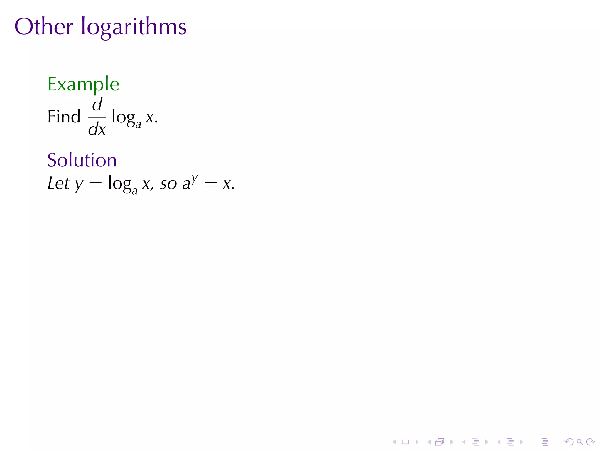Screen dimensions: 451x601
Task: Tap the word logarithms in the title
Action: pos(134,27)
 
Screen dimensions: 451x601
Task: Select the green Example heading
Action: pos(83,84)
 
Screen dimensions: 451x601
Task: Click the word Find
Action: pos(64,117)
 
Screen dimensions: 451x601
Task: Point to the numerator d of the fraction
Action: pos(97,105)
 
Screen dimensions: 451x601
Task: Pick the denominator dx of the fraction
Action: pos(97,129)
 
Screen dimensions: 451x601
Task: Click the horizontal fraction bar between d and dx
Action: pos(97,118)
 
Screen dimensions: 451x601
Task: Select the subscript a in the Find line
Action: pos(138,124)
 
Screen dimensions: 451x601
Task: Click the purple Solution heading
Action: pos(82,160)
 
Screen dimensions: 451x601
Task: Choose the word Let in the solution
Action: pos(58,184)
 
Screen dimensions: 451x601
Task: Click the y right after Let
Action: pos(79,185)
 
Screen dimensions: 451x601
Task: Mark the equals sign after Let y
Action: pos(95,184)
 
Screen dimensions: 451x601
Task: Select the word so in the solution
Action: pos(168,184)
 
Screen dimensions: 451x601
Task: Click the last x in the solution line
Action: pos(227,184)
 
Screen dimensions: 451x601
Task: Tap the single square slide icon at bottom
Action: pos(406,442)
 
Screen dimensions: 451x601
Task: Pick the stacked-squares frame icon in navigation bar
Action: pos(440,442)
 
